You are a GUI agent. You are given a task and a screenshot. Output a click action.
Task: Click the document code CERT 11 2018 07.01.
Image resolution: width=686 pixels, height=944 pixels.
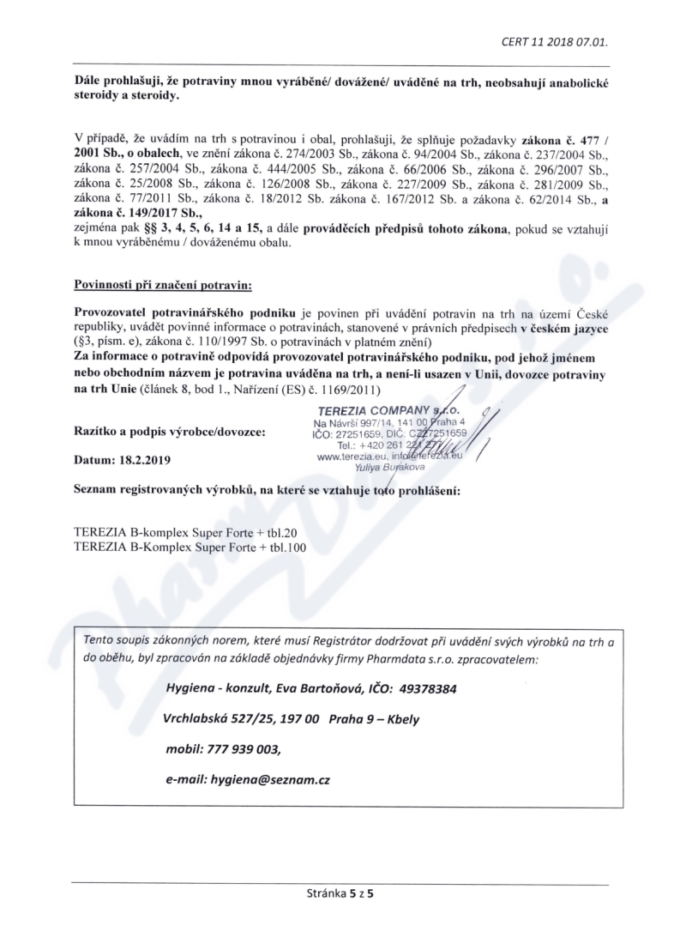pyautogui.click(x=563, y=41)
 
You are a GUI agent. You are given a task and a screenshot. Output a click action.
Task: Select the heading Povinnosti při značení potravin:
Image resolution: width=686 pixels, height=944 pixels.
pyautogui.click(x=157, y=282)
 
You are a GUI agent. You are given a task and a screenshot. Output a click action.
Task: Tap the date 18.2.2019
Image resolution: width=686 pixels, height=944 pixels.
pyautogui.click(x=146, y=460)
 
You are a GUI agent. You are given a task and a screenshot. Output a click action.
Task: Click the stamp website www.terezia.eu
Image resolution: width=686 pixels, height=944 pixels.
pyautogui.click(x=348, y=457)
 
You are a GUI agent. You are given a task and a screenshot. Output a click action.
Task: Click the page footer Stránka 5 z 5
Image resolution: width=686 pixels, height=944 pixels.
pyautogui.click(x=341, y=893)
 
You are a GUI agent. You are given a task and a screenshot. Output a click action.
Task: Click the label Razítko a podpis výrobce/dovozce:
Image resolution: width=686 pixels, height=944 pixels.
pyautogui.click(x=170, y=433)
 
